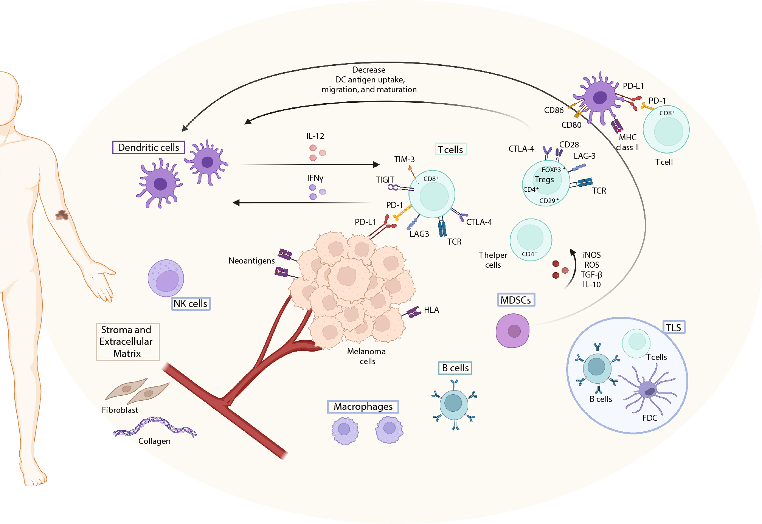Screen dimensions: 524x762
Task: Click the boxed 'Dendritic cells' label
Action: pos(149,147)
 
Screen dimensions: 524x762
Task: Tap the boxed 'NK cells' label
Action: pos(191,304)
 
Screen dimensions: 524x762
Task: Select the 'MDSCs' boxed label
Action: pos(516,300)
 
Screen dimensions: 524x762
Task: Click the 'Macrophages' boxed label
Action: pos(363,406)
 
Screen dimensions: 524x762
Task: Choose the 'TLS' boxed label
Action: pos(674,327)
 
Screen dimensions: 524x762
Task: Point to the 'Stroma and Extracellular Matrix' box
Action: pos(127,342)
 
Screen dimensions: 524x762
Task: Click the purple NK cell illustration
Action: pos(166,278)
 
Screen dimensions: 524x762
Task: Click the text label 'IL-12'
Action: pos(315,136)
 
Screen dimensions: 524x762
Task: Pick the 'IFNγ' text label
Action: pos(315,178)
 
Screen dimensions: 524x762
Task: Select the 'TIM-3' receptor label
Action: pos(404,160)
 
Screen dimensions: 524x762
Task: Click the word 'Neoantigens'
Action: pos(251,261)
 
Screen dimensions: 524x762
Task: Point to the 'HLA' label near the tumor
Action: pos(431,310)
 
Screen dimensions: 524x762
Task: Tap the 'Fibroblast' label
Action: pos(120,410)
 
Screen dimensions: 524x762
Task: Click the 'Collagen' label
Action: pos(154,441)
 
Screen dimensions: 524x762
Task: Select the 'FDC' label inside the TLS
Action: pos(650,418)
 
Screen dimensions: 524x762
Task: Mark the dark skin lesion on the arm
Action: pos(62,215)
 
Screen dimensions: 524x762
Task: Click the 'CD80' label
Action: pos(571,125)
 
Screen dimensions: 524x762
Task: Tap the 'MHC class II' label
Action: pos(627,143)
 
